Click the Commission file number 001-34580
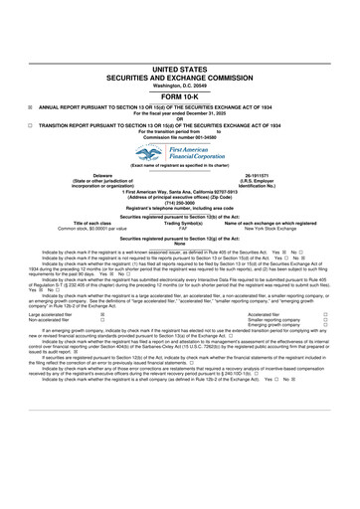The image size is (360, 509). pos(180,114)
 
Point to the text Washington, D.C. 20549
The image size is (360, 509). pos(180,58)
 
